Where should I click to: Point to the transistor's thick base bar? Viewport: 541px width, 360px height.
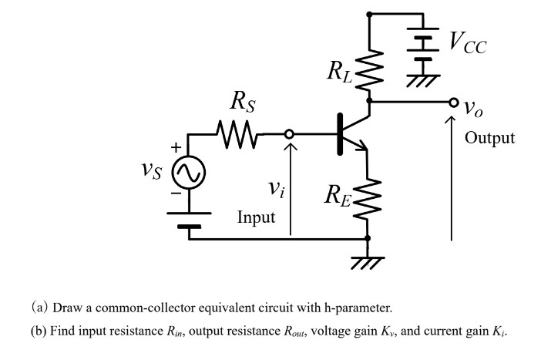pos(339,134)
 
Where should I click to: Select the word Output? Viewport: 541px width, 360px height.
pos(489,138)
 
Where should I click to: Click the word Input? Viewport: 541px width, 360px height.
pos(256,217)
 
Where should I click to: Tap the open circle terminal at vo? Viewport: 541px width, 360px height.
pos(453,101)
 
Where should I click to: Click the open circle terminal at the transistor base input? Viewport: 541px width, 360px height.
pos(289,134)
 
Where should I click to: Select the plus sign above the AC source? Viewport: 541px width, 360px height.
pos(176,146)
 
